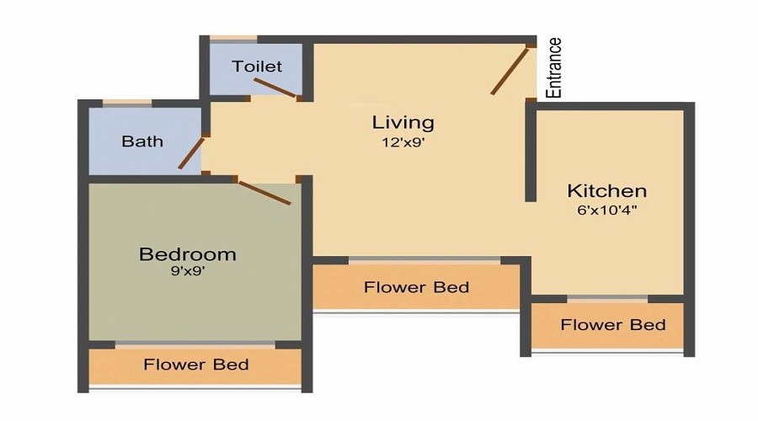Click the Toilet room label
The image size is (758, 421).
(257, 66)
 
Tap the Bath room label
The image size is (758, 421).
(142, 141)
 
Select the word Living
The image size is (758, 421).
(403, 122)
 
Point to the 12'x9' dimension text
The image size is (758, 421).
(403, 142)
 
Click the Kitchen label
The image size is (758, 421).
(606, 190)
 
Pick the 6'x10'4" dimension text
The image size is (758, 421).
(606, 210)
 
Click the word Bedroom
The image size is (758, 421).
(187, 253)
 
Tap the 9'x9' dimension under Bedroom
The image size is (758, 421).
(187, 271)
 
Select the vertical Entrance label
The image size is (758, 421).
(553, 68)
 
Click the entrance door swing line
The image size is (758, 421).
(510, 71)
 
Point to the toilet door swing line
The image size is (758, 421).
(275, 88)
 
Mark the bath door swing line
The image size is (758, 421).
(191, 152)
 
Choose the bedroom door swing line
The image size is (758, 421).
(264, 192)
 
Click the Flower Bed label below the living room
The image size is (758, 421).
(416, 287)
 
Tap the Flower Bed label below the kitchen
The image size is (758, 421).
(612, 324)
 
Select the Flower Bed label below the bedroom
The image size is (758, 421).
(195, 365)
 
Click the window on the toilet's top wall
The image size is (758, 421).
(233, 39)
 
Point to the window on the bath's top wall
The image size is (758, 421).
(126, 104)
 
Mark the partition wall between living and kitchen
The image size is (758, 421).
(531, 152)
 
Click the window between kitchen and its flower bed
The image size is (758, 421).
(606, 299)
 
